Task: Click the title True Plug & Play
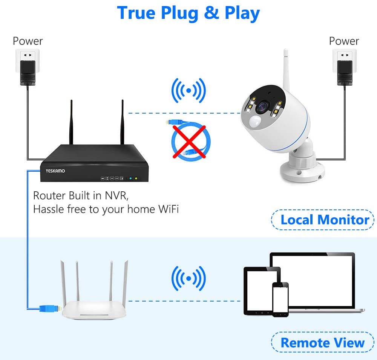tap(188, 13)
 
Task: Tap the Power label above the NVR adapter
tap(28, 41)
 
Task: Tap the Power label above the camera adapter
tap(344, 41)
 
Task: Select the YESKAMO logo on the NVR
tap(55, 171)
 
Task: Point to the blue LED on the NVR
tap(130, 178)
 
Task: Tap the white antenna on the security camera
tap(286, 70)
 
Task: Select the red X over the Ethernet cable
tap(189, 142)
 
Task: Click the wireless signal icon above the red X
tap(188, 91)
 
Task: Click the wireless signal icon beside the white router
tap(188, 278)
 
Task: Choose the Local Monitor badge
tap(323, 220)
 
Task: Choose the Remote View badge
tap(323, 342)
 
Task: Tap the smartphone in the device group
tap(280, 300)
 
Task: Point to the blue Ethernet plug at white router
tap(50, 308)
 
